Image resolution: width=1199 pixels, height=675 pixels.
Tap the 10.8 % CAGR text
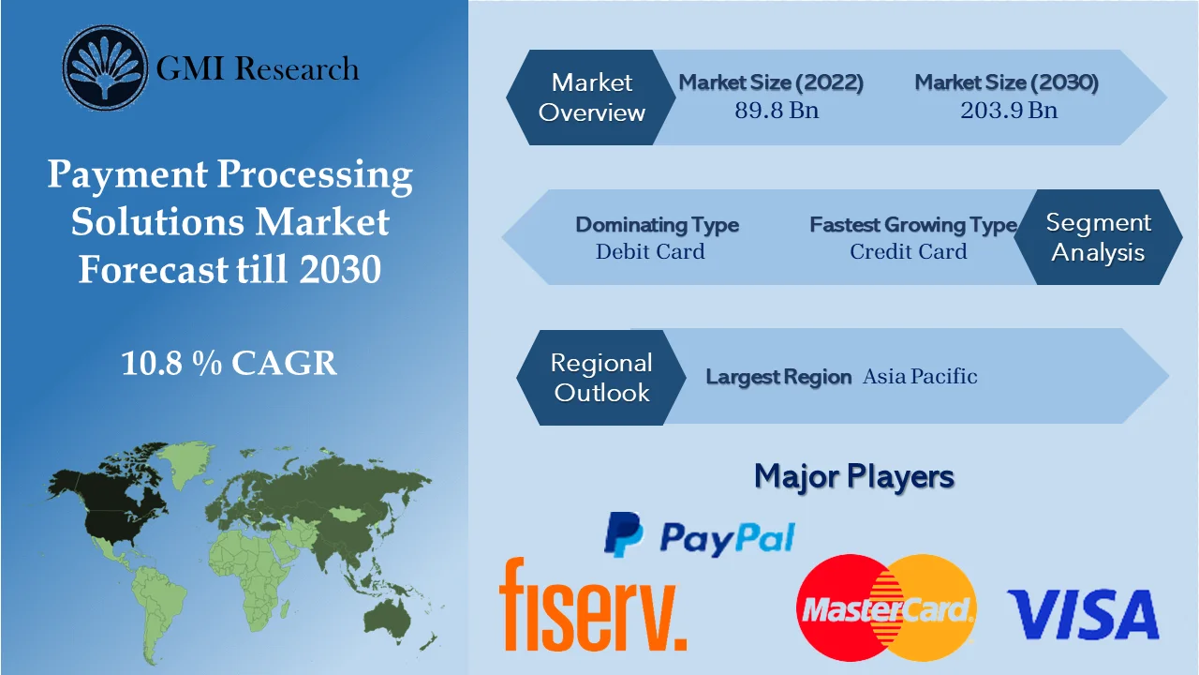[229, 363]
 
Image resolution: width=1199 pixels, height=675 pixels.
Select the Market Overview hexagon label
[591, 97]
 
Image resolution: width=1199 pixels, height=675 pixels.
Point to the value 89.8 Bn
[776, 110]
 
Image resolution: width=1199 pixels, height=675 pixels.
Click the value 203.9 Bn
[1008, 110]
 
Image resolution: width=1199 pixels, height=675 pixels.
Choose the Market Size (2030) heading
[1006, 82]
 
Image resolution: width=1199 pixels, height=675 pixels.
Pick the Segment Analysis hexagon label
[1098, 237]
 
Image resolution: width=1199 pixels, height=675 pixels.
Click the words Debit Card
[650, 251]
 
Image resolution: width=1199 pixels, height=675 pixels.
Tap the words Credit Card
[908, 251]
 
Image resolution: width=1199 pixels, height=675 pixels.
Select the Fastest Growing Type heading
[912, 225]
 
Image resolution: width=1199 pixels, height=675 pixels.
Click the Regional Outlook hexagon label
[600, 377]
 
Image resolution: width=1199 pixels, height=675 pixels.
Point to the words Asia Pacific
[920, 377]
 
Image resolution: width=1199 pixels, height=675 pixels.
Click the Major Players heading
[853, 476]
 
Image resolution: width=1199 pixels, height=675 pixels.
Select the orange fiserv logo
[592, 605]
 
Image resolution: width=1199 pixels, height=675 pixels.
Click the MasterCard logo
[886, 608]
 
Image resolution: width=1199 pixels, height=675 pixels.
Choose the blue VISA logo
[1082, 615]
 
